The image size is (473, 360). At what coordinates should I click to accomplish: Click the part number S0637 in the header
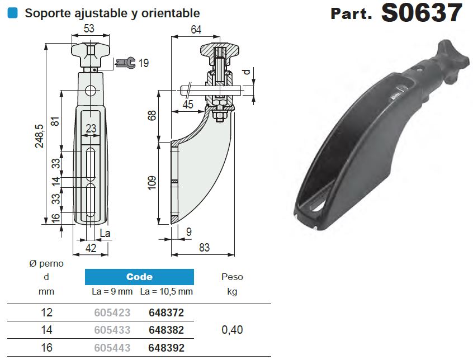click(x=422, y=13)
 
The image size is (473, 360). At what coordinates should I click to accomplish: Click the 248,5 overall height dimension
click(x=39, y=136)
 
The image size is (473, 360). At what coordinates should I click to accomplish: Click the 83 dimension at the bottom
click(x=204, y=248)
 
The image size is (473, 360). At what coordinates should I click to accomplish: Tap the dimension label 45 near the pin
click(x=187, y=105)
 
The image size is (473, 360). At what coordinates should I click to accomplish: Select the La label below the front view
click(x=105, y=233)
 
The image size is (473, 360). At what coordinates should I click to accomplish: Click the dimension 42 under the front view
click(x=89, y=248)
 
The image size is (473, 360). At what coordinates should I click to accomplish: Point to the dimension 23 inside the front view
click(x=91, y=129)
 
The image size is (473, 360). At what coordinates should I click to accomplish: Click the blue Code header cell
click(x=139, y=277)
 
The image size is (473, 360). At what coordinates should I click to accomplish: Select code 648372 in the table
click(x=166, y=313)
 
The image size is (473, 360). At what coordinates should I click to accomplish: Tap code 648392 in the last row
click(x=166, y=348)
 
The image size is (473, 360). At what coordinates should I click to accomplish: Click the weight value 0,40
click(x=232, y=330)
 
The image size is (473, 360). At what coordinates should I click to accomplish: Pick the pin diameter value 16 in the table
click(x=46, y=348)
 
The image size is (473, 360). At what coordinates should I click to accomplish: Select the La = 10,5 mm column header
click(x=166, y=291)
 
